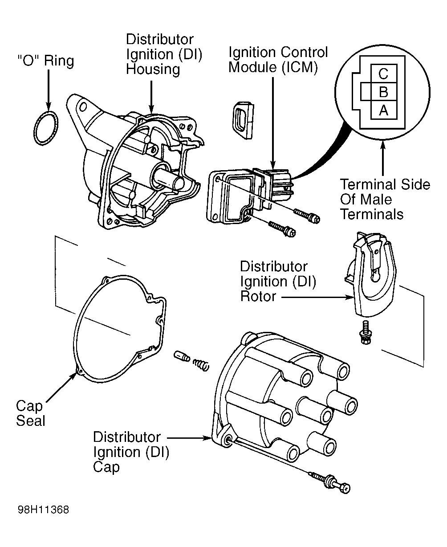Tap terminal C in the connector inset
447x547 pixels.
click(x=383, y=74)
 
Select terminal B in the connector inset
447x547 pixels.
click(x=383, y=92)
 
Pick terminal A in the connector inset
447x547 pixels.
click(x=383, y=110)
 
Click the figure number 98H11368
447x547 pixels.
click(x=43, y=510)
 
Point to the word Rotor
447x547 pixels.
click(x=258, y=296)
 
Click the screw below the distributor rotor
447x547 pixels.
click(x=366, y=332)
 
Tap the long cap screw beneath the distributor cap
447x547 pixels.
click(x=330, y=483)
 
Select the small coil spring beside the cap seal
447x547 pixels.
click(x=201, y=365)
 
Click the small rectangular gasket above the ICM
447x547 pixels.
click(x=243, y=120)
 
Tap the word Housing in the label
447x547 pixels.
click(x=153, y=69)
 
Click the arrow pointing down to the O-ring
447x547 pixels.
click(x=48, y=90)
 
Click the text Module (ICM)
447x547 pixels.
click(x=273, y=67)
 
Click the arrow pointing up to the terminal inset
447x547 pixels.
click(x=383, y=158)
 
